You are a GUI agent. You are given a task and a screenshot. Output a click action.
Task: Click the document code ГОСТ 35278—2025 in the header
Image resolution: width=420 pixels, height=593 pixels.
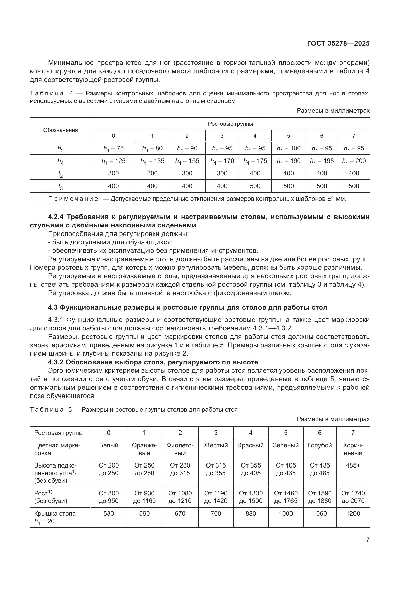pyautogui.click(x=338, y=43)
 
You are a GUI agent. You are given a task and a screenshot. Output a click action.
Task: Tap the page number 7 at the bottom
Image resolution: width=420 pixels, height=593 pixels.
pyautogui.click(x=368, y=539)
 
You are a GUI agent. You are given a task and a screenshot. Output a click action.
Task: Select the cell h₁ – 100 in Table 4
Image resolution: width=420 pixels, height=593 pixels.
pyautogui.click(x=288, y=148)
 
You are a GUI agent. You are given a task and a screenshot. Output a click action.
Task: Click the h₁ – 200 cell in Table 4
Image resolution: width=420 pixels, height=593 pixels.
pyautogui.click(x=353, y=161)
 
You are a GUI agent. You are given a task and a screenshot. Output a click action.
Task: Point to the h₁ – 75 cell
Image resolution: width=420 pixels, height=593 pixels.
pyautogui.click(x=113, y=148)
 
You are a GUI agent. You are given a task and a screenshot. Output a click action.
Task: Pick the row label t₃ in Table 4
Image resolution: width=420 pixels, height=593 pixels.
pyautogui.click(x=60, y=186)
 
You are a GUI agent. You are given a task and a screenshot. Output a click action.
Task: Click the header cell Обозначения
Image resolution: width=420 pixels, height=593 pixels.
pyautogui.click(x=60, y=130)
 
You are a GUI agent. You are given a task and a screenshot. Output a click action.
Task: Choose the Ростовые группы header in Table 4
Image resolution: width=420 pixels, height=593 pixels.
pyautogui.click(x=230, y=124)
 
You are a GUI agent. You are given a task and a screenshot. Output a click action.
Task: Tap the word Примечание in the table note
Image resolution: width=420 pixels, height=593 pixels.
pyautogui.click(x=73, y=199)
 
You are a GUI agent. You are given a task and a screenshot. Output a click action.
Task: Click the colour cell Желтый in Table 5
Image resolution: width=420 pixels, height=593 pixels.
pyautogui.click(x=216, y=445)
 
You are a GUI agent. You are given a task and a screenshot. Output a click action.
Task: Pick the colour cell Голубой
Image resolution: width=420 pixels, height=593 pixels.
pyautogui.click(x=320, y=445)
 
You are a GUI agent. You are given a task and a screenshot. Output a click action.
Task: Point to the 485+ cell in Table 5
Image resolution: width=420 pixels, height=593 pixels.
pyautogui.click(x=353, y=465)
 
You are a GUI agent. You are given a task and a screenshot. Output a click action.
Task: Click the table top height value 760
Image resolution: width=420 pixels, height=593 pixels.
pyautogui.click(x=216, y=513)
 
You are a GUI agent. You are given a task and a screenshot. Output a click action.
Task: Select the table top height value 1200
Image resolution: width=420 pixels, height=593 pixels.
pyautogui.click(x=353, y=513)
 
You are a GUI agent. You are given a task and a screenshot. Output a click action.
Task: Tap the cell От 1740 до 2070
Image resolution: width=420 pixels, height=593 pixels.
pyautogui.click(x=353, y=497)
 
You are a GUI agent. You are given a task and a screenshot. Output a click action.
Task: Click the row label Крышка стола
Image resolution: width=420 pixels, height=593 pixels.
pyautogui.click(x=55, y=513)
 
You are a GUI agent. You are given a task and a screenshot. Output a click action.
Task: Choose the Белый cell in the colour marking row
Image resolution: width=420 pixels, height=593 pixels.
pyautogui.click(x=109, y=445)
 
